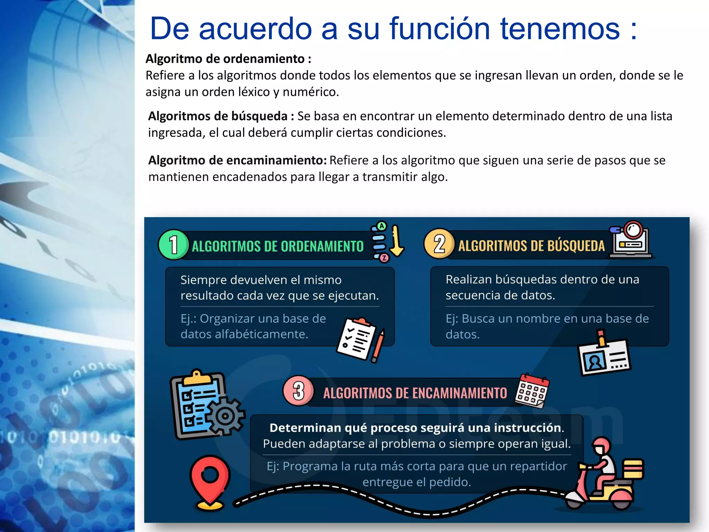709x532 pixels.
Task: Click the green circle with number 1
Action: click(173, 245)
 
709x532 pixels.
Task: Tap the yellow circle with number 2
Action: click(439, 244)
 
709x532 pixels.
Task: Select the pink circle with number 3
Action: click(298, 391)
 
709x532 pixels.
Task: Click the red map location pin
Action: click(210, 478)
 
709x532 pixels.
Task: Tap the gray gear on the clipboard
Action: click(225, 416)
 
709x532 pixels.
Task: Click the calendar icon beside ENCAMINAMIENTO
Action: click(532, 390)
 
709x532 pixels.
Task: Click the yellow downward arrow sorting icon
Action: click(397, 240)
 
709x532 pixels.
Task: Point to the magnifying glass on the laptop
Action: click(634, 230)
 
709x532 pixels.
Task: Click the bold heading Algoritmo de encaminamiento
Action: click(237, 160)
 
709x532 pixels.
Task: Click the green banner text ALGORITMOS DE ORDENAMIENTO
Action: click(277, 246)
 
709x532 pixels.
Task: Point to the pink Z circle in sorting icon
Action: click(384, 258)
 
